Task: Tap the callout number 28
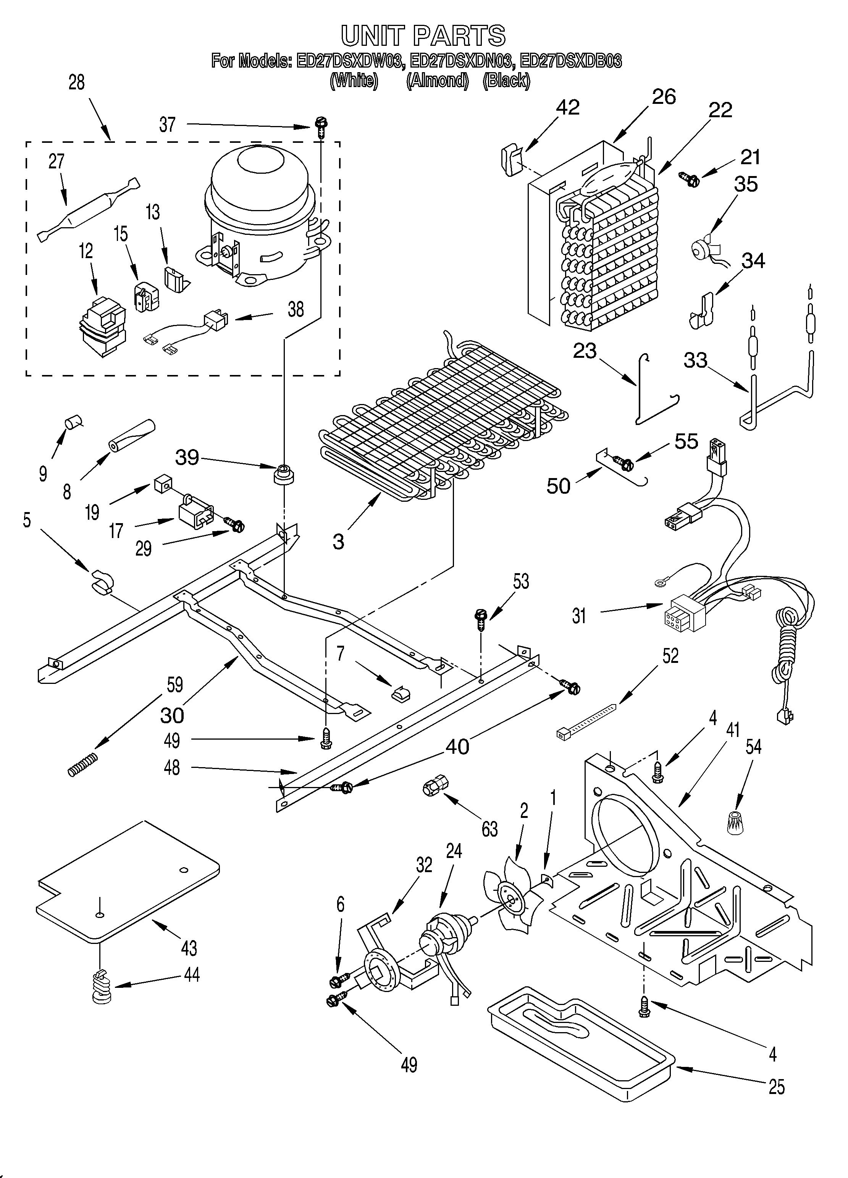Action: [x=76, y=82]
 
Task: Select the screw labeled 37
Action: [x=320, y=126]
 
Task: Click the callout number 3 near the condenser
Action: [x=338, y=542]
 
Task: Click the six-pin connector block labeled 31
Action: [x=681, y=616]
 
